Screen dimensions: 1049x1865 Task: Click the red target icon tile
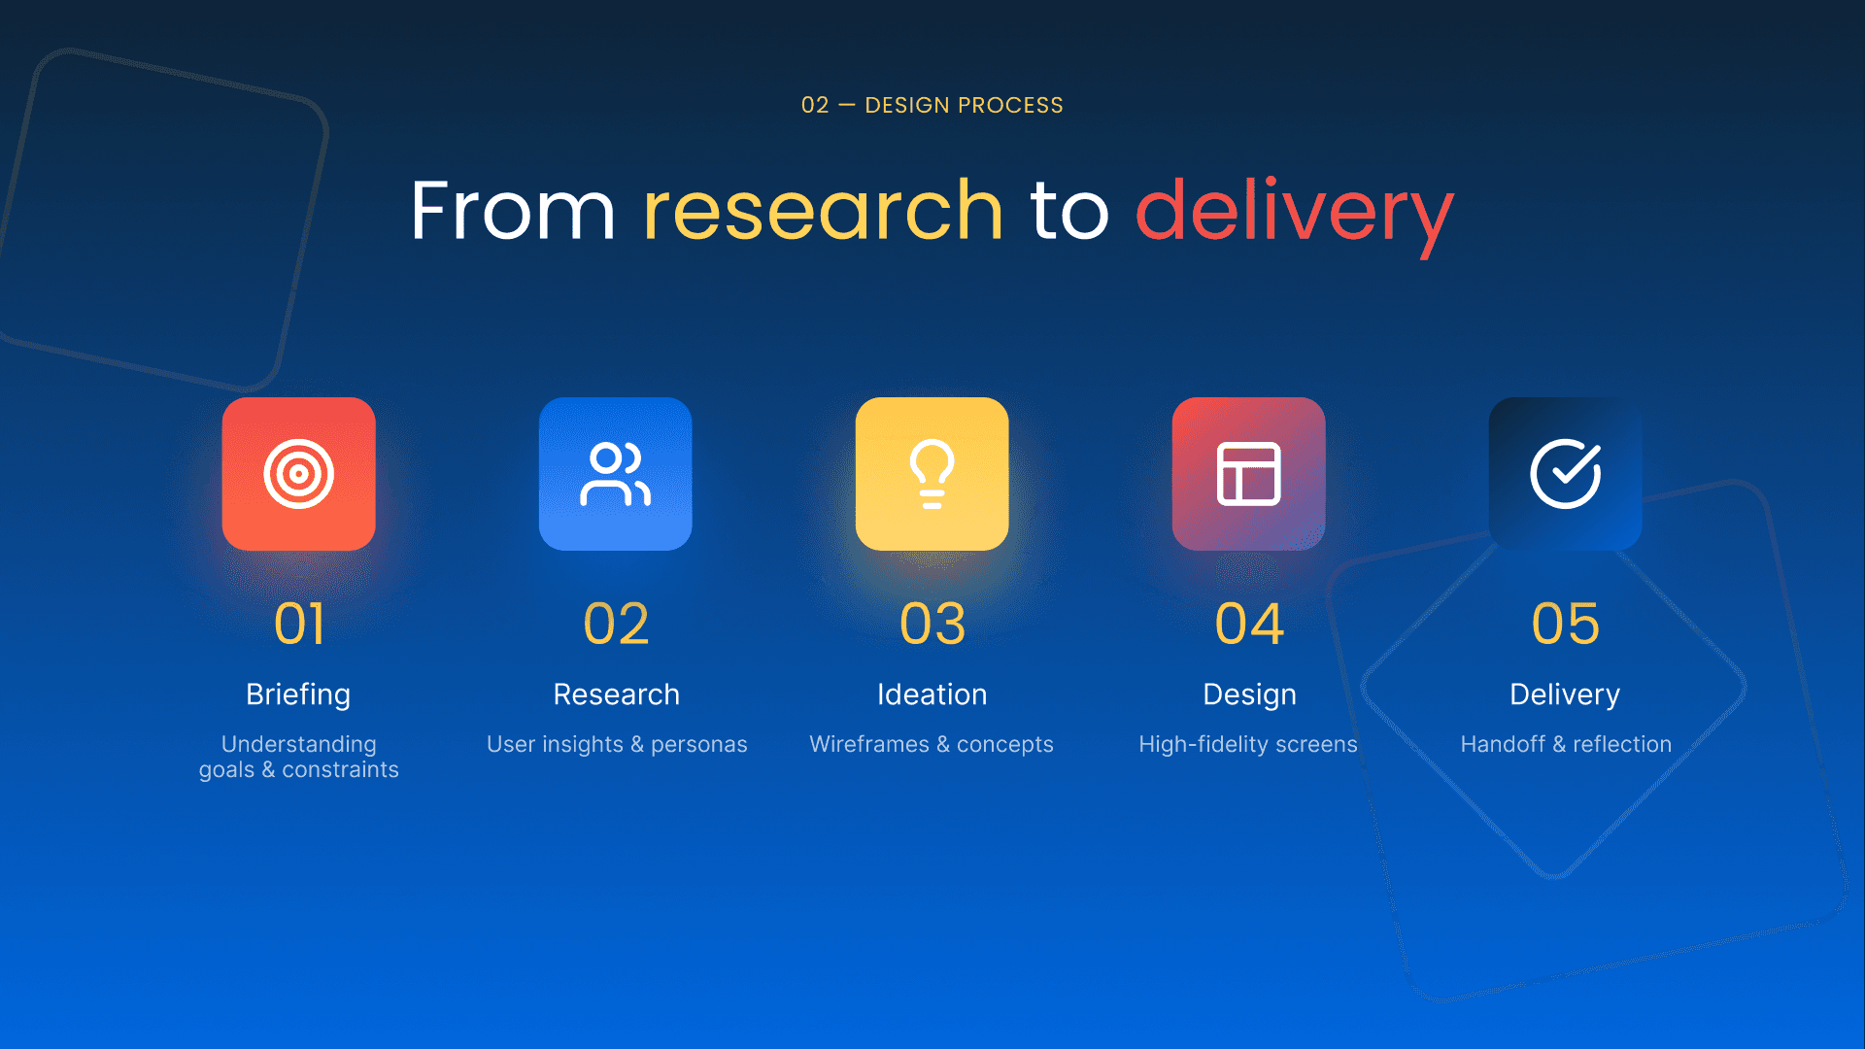(x=298, y=474)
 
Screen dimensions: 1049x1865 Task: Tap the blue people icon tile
(x=615, y=474)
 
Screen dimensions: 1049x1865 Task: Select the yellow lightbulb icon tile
(x=932, y=474)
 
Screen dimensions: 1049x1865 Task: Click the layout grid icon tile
(x=1248, y=474)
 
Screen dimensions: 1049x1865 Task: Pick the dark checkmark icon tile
(x=1565, y=474)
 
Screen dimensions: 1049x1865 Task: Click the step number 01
(x=298, y=624)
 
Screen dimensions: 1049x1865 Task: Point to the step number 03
(x=932, y=624)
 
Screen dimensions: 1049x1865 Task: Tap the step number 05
(x=1565, y=624)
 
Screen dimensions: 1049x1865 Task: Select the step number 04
(x=1248, y=624)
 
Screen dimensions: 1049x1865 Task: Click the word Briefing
(x=298, y=694)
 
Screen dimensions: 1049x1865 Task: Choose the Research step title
(x=616, y=694)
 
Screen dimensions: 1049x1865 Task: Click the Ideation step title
(x=932, y=694)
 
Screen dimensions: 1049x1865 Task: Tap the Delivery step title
(x=1565, y=694)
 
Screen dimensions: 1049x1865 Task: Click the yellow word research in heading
(x=822, y=211)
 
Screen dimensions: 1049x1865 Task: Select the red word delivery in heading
(x=1294, y=211)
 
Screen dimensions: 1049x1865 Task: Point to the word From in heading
(x=512, y=211)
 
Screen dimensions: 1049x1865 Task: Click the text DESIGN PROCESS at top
(x=964, y=105)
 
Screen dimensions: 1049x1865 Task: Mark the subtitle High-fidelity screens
(x=1248, y=744)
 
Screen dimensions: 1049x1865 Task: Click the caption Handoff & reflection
(x=1566, y=744)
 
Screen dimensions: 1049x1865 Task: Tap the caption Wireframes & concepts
(x=932, y=744)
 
